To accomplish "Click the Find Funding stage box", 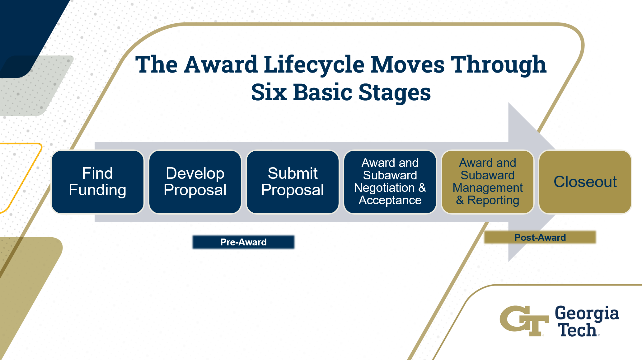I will [x=97, y=182].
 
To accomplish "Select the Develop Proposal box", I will [x=195, y=182].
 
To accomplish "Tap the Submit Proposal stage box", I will [x=293, y=182].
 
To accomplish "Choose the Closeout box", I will [x=585, y=182].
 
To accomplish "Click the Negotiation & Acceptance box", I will [x=390, y=182].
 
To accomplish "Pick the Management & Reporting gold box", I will [x=487, y=182].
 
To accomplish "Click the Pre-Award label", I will [x=243, y=242].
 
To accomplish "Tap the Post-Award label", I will [x=540, y=237].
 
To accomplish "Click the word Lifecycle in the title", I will [x=314, y=65].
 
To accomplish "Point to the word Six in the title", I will [x=269, y=92].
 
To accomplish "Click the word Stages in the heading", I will [x=394, y=93].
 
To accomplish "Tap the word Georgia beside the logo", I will [x=587, y=313].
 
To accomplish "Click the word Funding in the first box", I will [x=97, y=190].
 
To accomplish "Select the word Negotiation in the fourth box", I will [x=384, y=188].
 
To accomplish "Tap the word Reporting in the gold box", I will [x=493, y=200].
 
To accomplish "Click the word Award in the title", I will [x=220, y=65].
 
